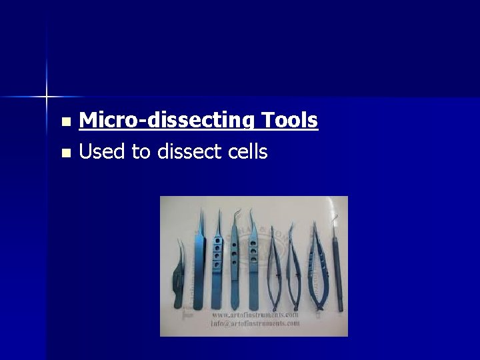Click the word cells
[x=246, y=152]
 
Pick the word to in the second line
[x=141, y=152]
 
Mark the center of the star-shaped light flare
[x=47, y=97]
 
